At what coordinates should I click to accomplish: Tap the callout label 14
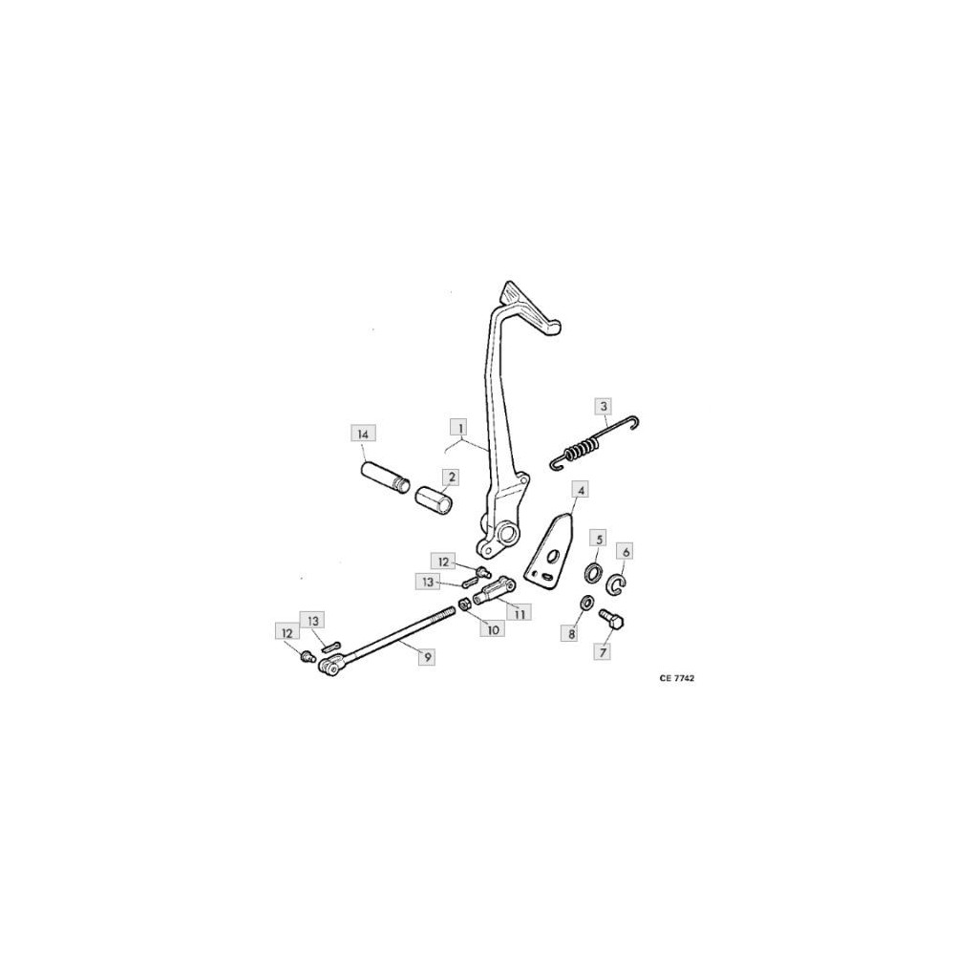[x=363, y=434]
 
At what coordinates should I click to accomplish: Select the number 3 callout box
[x=603, y=406]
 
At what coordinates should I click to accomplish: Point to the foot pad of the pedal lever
[x=528, y=307]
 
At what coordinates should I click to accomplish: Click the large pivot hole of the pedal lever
[x=508, y=534]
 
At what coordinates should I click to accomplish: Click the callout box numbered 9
[x=427, y=657]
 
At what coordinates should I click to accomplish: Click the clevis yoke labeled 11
[x=494, y=588]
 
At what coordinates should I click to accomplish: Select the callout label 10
[x=492, y=628]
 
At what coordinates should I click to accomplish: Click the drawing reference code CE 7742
[x=676, y=678]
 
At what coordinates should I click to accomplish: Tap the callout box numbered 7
[x=603, y=652]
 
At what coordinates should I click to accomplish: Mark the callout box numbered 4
[x=581, y=489]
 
